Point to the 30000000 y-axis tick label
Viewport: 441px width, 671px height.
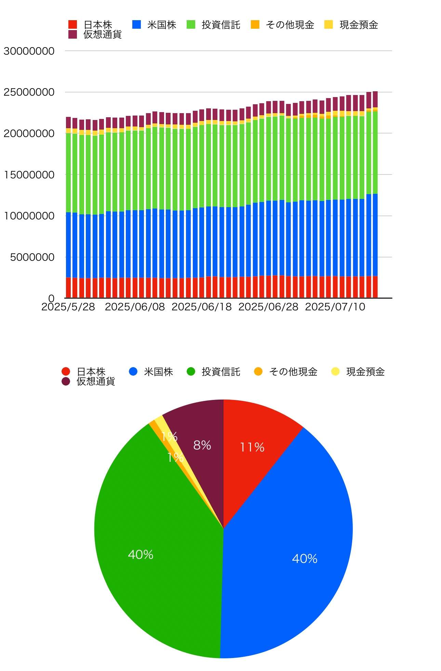[x=29, y=51]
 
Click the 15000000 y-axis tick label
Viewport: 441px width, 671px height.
[x=29, y=175]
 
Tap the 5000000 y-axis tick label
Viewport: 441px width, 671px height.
[x=32, y=257]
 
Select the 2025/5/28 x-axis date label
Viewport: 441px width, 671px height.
[x=68, y=307]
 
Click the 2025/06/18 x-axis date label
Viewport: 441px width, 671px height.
[x=201, y=307]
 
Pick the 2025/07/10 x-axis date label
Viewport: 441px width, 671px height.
[x=335, y=307]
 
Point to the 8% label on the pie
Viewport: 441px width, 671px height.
[x=202, y=445]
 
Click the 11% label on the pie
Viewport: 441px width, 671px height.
[x=252, y=447]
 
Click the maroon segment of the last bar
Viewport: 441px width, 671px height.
[x=375, y=99]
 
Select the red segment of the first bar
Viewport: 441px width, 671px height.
[x=68, y=287]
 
